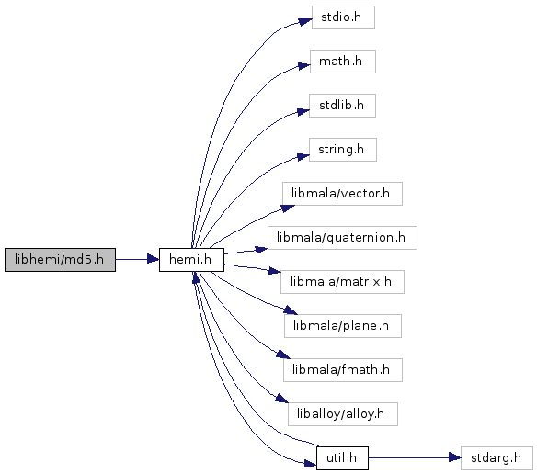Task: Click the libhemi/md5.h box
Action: [x=60, y=260]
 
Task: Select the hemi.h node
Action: [x=191, y=260]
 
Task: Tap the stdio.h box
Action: [x=343, y=17]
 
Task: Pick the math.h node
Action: [x=343, y=62]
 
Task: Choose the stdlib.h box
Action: [x=342, y=106]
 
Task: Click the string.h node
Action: [x=343, y=150]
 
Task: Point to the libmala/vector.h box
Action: [x=342, y=194]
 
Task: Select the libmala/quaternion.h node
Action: [x=342, y=238]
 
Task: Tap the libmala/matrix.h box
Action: [x=342, y=282]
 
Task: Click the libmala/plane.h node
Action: [x=342, y=326]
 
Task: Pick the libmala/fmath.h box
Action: [x=342, y=370]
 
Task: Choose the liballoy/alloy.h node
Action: [x=342, y=414]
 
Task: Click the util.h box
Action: [x=342, y=458]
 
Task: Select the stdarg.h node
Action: [x=497, y=458]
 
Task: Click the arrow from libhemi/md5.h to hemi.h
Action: [x=137, y=259]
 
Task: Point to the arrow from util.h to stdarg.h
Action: [x=415, y=457]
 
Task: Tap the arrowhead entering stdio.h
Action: [x=304, y=21]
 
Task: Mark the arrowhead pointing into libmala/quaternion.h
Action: [x=261, y=250]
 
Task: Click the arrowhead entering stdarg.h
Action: [x=455, y=457]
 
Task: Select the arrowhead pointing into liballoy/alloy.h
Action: [x=282, y=399]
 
